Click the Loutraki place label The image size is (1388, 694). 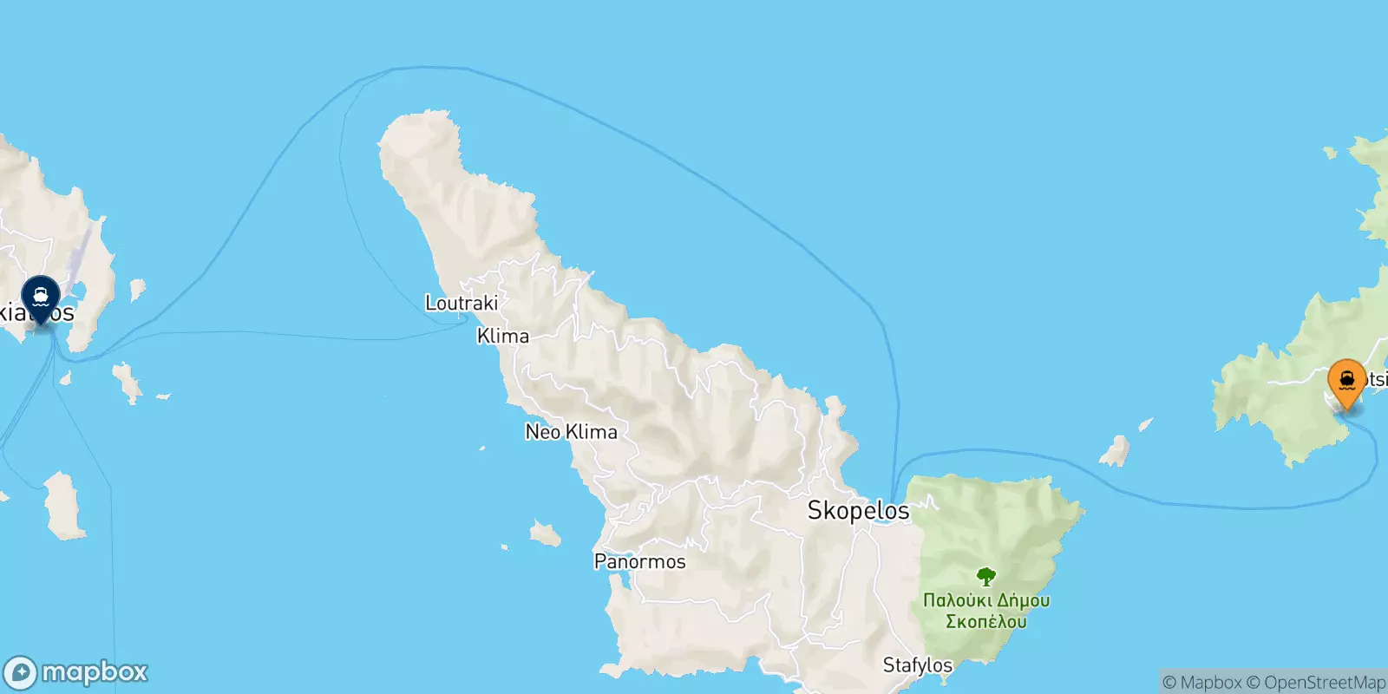462,303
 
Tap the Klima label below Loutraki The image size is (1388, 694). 503,336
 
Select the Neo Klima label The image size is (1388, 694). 572,431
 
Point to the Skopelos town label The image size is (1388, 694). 858,510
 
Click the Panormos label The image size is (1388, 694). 639,561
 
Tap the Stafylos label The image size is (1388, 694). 917,665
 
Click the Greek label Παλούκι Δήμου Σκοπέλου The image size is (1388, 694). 986,611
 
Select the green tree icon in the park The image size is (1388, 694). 985,576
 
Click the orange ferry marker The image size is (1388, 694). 1346,383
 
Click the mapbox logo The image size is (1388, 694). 76,672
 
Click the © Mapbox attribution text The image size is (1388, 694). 1201,683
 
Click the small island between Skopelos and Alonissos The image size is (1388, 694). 1115,451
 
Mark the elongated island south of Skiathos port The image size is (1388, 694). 65,505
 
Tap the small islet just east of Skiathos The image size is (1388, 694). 136,289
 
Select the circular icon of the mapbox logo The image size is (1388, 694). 21,673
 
